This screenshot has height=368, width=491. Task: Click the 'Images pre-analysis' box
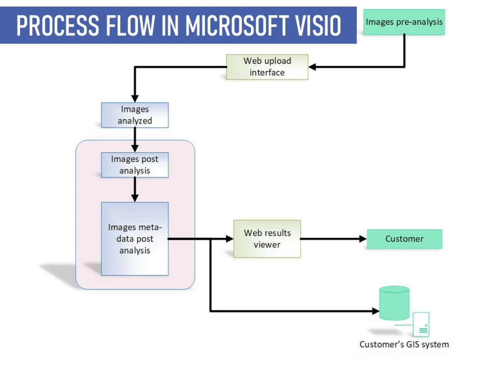pos(404,22)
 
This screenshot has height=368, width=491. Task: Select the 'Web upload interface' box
pos(267,67)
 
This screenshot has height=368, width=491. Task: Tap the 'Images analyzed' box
pos(135,115)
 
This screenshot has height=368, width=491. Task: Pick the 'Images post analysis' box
pos(135,165)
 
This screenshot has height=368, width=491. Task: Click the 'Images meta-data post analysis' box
pos(135,238)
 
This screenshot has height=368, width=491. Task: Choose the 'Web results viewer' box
pos(267,238)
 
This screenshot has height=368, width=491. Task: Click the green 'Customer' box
pos(404,239)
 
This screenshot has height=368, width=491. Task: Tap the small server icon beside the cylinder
pos(421,324)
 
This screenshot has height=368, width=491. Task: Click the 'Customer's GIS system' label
pos(404,344)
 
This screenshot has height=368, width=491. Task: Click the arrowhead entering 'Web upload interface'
pos(312,67)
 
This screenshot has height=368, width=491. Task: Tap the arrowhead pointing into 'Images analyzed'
pos(135,98)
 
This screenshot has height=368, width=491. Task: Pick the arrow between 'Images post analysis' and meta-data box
pos(135,189)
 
